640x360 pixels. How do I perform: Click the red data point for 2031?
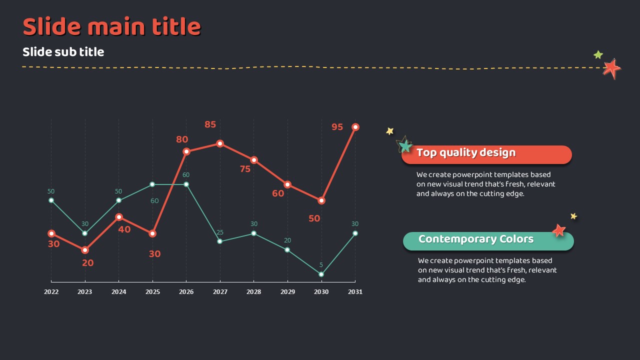coord(355,127)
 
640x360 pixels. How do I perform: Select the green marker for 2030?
coord(321,274)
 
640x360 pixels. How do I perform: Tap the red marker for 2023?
coord(85,250)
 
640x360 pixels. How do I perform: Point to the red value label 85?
coord(210,124)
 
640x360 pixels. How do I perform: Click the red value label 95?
coord(337,127)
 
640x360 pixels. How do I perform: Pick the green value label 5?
coord(321,265)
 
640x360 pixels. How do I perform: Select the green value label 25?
coord(220,232)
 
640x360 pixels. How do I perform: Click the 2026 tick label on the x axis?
coord(186,291)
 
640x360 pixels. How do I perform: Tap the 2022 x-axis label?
coord(51,291)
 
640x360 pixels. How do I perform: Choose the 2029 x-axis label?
coord(287,291)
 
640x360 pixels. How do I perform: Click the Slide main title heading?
coord(111,27)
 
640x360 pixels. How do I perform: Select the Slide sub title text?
coord(63,52)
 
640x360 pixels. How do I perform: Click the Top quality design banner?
coord(486,154)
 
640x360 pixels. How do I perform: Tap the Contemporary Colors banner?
coord(488,241)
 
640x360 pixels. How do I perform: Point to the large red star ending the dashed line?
coord(611,68)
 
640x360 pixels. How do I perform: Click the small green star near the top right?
coord(598,54)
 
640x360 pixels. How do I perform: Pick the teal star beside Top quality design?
coord(404,146)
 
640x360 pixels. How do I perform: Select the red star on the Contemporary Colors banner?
coord(559,230)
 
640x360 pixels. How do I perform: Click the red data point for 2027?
coord(220,143)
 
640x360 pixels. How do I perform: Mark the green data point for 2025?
coord(152,184)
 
